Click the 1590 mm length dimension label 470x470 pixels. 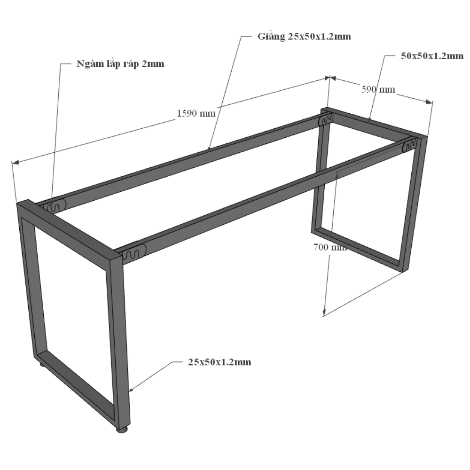coord(196,113)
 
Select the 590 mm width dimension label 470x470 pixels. coord(378,89)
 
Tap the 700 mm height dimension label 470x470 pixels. coord(330,247)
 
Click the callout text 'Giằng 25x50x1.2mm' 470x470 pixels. coord(304,37)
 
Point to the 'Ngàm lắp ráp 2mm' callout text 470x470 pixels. coord(120,64)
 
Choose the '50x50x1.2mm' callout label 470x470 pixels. coord(432,56)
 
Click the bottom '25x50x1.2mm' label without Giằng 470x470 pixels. coord(219,362)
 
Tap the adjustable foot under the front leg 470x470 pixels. coord(122,431)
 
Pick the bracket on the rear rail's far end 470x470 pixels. coord(325,119)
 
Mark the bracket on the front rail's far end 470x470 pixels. coord(409,146)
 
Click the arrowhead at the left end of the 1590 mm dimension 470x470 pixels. coord(16,162)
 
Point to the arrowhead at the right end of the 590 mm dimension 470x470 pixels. coord(429,102)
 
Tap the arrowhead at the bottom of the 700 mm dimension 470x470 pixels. coord(324,312)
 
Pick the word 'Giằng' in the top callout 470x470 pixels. coord(271,37)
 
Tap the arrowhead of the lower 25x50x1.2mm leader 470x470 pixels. coord(131,390)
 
